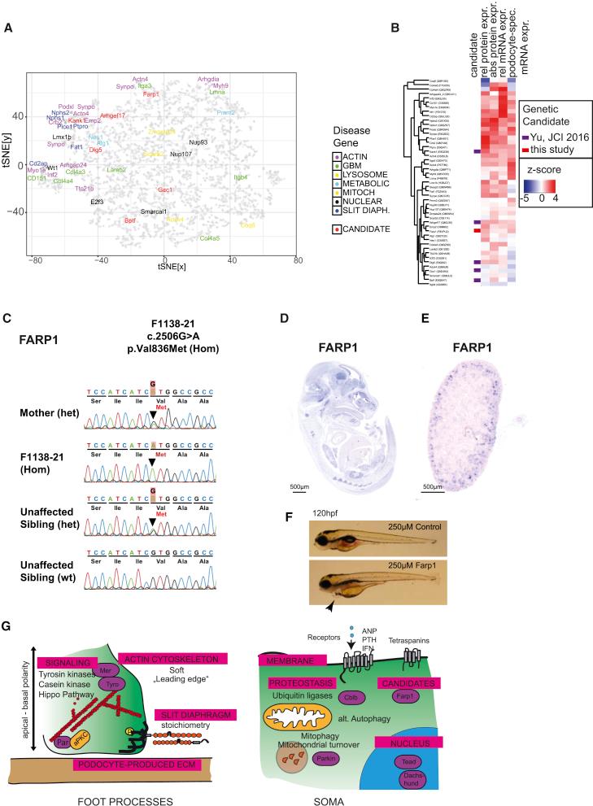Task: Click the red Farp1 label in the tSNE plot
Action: click(150, 94)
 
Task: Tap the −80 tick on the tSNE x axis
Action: click(35, 262)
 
